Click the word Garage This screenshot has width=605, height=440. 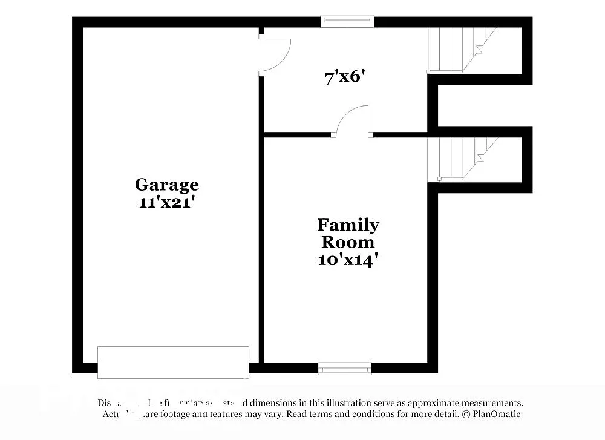166,184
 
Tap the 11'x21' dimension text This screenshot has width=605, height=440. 166,202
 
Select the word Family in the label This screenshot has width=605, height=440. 348,225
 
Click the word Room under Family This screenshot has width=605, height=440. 348,242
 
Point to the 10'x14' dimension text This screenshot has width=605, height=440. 348,260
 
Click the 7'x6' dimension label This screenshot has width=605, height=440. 346,77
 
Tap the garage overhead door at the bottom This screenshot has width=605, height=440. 173,362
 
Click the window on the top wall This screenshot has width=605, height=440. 347,21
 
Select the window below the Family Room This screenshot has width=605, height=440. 345,368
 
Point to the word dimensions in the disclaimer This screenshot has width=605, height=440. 271,402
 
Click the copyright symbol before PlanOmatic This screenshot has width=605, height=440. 465,414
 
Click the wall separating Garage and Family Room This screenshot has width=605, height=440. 261,242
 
